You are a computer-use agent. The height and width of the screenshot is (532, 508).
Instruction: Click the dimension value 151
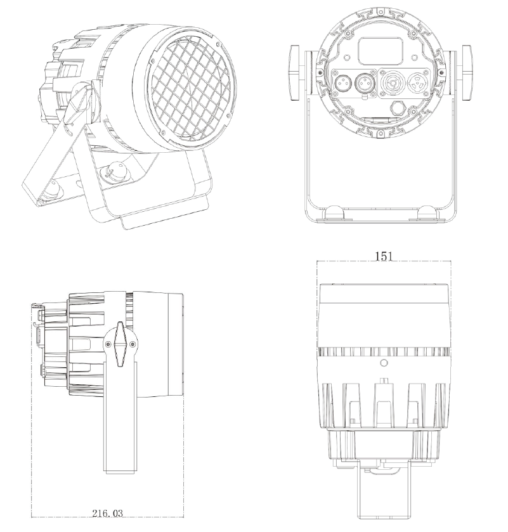(x=384, y=256)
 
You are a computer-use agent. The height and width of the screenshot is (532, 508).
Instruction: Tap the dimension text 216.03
(x=107, y=513)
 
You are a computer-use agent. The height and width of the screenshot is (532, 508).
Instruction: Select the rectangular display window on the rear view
(x=381, y=51)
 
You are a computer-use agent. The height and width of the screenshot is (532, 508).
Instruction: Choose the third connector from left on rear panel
(x=391, y=83)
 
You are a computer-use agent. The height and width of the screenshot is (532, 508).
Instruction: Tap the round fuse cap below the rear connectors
(x=398, y=108)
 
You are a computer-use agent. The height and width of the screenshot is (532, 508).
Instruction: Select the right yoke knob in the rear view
(x=467, y=73)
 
